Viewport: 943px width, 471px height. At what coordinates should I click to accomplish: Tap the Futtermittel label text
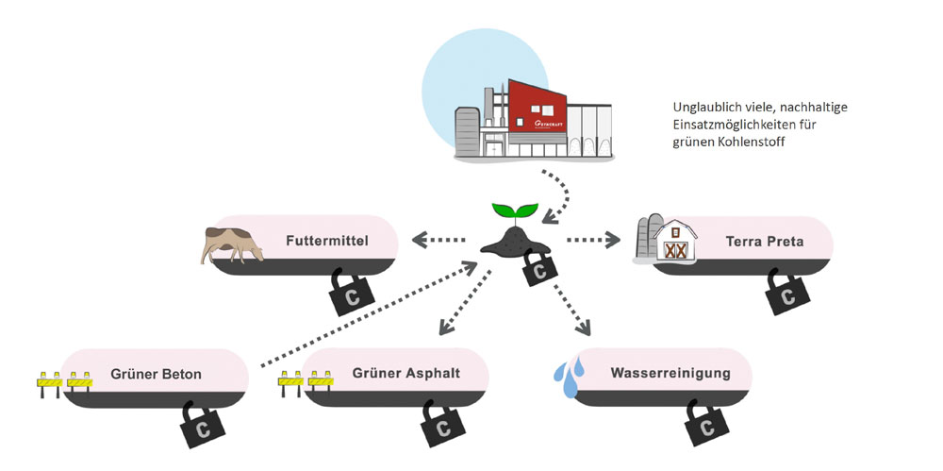tap(326, 241)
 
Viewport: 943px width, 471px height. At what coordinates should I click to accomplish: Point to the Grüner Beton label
tap(156, 374)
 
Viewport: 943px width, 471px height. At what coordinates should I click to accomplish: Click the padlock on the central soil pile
tap(538, 270)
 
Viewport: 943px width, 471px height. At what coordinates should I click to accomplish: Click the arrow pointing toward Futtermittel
tap(439, 241)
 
